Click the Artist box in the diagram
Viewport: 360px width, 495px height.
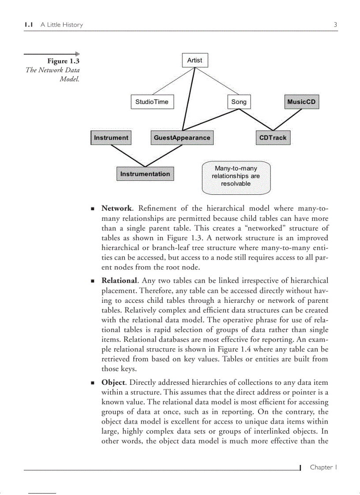pyautogui.click(x=195, y=60)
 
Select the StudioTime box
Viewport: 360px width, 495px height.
pyautogui.click(x=152, y=102)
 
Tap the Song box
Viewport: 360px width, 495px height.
pyautogui.click(x=239, y=102)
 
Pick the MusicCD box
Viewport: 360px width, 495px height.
pyautogui.click(x=301, y=102)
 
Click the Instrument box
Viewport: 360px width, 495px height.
pyautogui.click(x=111, y=138)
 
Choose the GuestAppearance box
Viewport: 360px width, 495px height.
pyautogui.click(x=182, y=138)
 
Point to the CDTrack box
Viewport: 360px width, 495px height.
pyautogui.click(x=273, y=138)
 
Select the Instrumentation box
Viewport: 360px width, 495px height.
pyautogui.click(x=145, y=174)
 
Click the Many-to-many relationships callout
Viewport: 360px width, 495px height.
pyautogui.click(x=236, y=176)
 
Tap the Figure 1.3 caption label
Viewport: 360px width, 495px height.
pyautogui.click(x=64, y=61)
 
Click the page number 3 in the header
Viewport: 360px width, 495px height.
pyautogui.click(x=335, y=25)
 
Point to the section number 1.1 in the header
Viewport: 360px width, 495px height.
pyautogui.click(x=29, y=25)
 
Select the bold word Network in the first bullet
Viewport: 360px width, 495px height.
pyautogui.click(x=116, y=208)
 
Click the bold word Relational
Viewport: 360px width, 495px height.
pyautogui.click(x=120, y=280)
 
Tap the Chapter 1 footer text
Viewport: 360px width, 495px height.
pyautogui.click(x=323, y=467)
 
